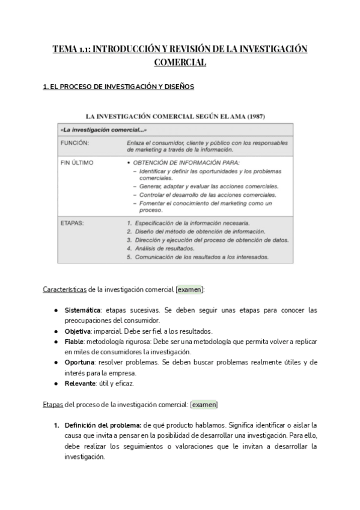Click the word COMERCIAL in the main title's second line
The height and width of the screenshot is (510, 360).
point(180,62)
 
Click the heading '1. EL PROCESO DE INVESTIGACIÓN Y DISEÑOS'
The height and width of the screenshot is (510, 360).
point(118,87)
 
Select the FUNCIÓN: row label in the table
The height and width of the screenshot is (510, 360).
point(75,143)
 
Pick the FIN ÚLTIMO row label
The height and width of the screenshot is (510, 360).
point(77,162)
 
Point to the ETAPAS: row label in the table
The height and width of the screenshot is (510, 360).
point(73,223)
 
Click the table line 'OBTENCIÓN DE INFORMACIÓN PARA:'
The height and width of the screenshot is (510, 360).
point(187,162)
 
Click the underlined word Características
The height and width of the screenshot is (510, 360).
point(65,289)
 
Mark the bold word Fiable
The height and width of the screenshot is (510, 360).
point(75,342)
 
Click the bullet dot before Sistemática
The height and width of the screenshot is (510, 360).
point(56,310)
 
